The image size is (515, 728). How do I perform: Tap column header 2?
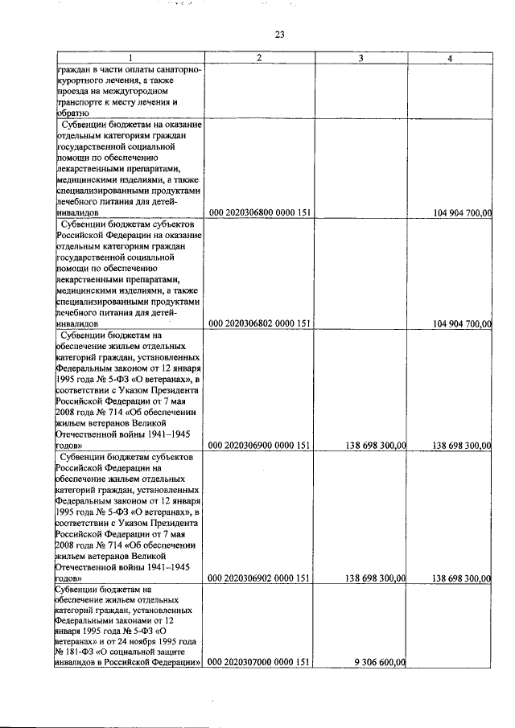(259, 59)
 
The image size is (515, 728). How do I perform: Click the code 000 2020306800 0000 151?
(259, 212)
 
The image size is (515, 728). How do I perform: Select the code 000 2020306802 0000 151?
(259, 323)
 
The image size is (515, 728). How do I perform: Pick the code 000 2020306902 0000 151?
(259, 578)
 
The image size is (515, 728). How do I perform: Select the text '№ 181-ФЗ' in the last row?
(75, 652)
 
